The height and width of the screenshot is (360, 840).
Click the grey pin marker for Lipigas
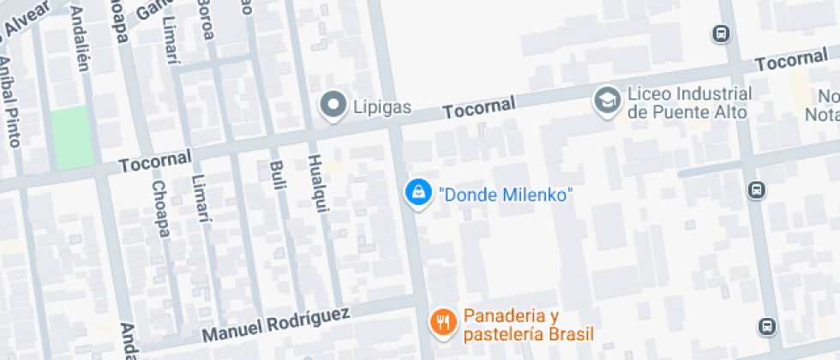pos(332,106)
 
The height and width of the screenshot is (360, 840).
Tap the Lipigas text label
pos(382,108)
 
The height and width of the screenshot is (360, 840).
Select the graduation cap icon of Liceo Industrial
pos(608,101)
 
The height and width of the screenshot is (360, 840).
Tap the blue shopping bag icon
pos(417,193)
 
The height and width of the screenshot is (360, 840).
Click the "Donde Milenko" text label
pos(505,195)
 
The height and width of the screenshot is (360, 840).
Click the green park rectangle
pos(71,137)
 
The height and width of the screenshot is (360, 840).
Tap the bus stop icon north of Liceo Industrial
pos(721,34)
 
